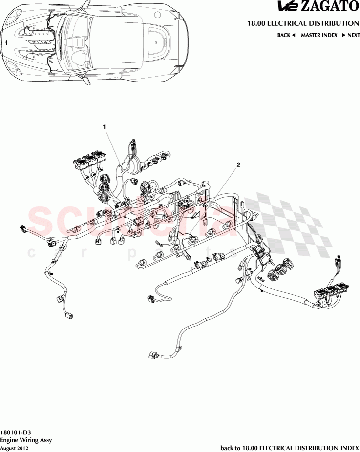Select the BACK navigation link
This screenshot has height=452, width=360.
point(286,35)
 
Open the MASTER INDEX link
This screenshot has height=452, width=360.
point(318,35)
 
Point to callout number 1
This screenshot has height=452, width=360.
point(104,127)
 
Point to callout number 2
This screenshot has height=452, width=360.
point(238,165)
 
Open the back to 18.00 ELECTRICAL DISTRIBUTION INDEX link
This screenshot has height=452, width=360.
point(290,448)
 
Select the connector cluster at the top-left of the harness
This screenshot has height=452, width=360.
point(89,162)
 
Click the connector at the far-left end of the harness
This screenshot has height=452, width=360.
point(22,227)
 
